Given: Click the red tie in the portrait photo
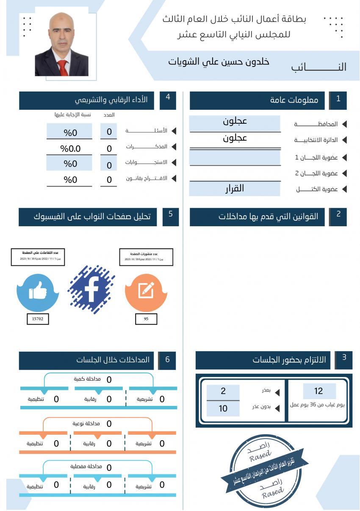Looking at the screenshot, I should [x=63, y=68].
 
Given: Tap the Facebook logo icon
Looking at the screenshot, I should [x=91, y=290].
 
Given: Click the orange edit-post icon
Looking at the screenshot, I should [x=146, y=291].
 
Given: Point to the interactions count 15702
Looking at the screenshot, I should [x=38, y=319].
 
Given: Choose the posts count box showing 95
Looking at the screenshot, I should [x=146, y=319].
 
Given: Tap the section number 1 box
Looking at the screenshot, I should [x=338, y=100].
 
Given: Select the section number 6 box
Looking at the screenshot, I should [x=167, y=360].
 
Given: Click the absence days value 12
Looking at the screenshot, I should [x=319, y=391].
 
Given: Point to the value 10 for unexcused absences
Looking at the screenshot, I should [x=223, y=408].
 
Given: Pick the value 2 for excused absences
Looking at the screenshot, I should [x=223, y=391].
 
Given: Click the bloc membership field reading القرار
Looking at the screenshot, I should [x=234, y=189].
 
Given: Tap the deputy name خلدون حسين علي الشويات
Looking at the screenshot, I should [x=219, y=62].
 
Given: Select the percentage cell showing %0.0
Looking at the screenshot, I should [x=70, y=148].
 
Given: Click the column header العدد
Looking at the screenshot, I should [x=109, y=115].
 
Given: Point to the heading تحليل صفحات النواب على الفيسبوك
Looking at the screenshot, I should [x=92, y=217].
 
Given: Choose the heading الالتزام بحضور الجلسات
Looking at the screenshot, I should [x=289, y=360].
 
